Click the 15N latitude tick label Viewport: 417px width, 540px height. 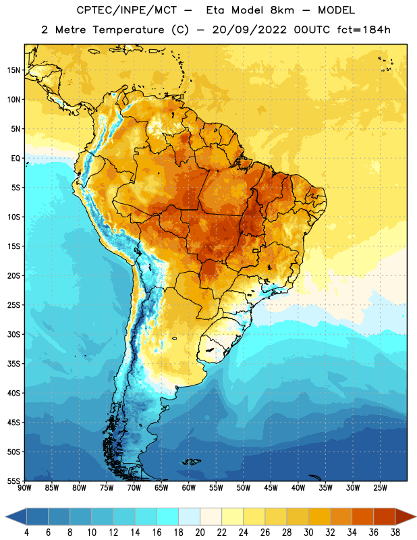coord(13,70)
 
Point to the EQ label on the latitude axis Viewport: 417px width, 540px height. coord(16,159)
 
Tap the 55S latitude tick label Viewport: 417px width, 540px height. coord(13,481)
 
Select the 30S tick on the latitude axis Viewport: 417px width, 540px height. coord(13,334)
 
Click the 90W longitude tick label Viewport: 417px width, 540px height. coord(24,488)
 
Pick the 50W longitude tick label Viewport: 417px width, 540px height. coord(244,488)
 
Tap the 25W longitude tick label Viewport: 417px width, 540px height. coord(380,488)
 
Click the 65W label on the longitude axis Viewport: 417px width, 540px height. coord(161,488)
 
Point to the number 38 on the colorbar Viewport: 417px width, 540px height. coord(395,533)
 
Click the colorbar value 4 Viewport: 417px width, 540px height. coord(26,533)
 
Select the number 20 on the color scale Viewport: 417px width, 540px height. coord(200,533)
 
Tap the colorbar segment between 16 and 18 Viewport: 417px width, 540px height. coord(168,517)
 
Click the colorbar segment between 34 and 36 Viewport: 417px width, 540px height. coord(363,517)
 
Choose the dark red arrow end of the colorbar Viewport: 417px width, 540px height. coord(405,517)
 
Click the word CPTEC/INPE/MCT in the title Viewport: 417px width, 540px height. coord(127,10)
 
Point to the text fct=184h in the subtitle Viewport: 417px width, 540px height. coord(364,30)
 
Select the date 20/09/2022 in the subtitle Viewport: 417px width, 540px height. coord(249,30)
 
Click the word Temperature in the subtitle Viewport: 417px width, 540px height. coord(128,30)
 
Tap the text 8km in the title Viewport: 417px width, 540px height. coord(282,10)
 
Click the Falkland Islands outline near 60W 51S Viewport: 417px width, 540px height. coord(191,462)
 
